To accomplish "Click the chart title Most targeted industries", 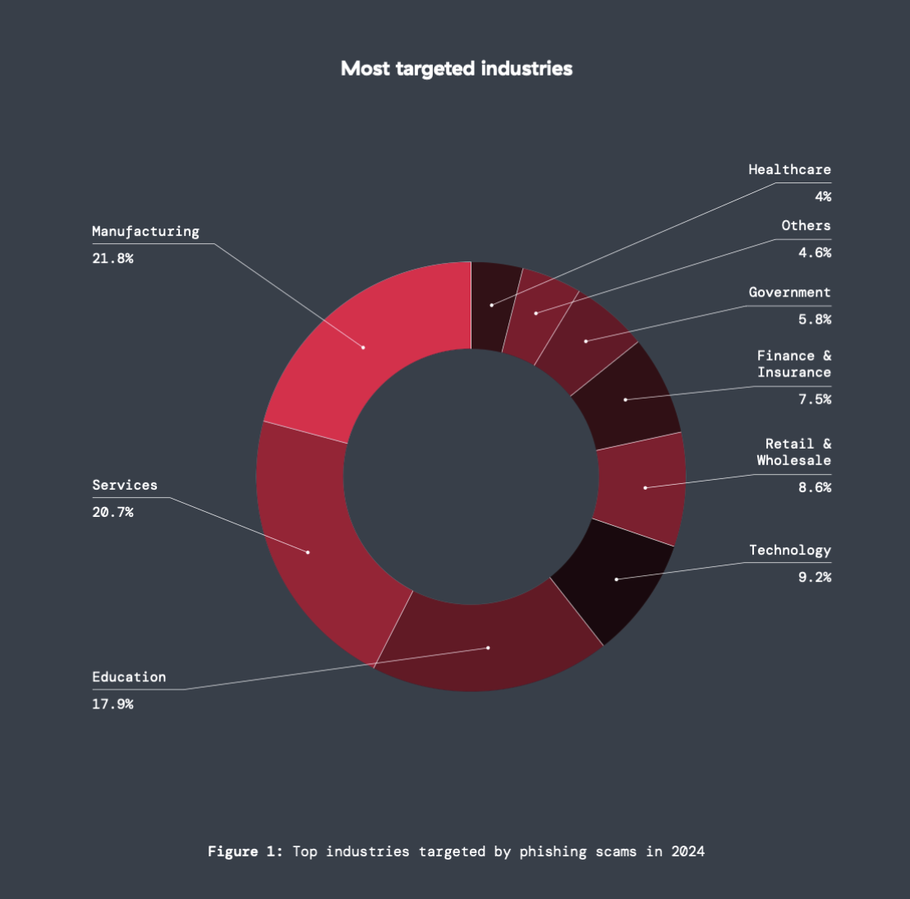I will pyautogui.click(x=457, y=68).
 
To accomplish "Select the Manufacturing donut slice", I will pyautogui.click(x=363, y=347).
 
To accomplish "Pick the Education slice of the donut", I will pyautogui.click(x=488, y=647).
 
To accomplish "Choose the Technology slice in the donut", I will pyautogui.click(x=616, y=579).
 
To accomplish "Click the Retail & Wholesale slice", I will pyautogui.click(x=645, y=487).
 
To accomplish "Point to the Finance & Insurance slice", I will pyautogui.click(x=626, y=399).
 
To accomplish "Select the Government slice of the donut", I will pyautogui.click(x=586, y=341).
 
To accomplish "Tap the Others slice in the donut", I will pyautogui.click(x=536, y=313).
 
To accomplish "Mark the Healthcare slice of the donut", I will pyautogui.click(x=492, y=305).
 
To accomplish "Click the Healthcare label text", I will pyautogui.click(x=789, y=169).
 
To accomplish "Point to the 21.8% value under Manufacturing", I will pyautogui.click(x=113, y=258).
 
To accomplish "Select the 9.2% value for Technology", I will pyautogui.click(x=815, y=577).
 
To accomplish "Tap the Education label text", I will pyautogui.click(x=129, y=677).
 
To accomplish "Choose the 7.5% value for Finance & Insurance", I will pyautogui.click(x=815, y=399).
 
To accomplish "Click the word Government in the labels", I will pyautogui.click(x=789, y=292).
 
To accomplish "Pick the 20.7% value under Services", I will pyautogui.click(x=113, y=512).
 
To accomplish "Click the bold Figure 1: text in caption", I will pyautogui.click(x=245, y=851).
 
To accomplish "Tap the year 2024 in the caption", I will pyautogui.click(x=687, y=851).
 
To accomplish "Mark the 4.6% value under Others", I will pyautogui.click(x=815, y=252).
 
